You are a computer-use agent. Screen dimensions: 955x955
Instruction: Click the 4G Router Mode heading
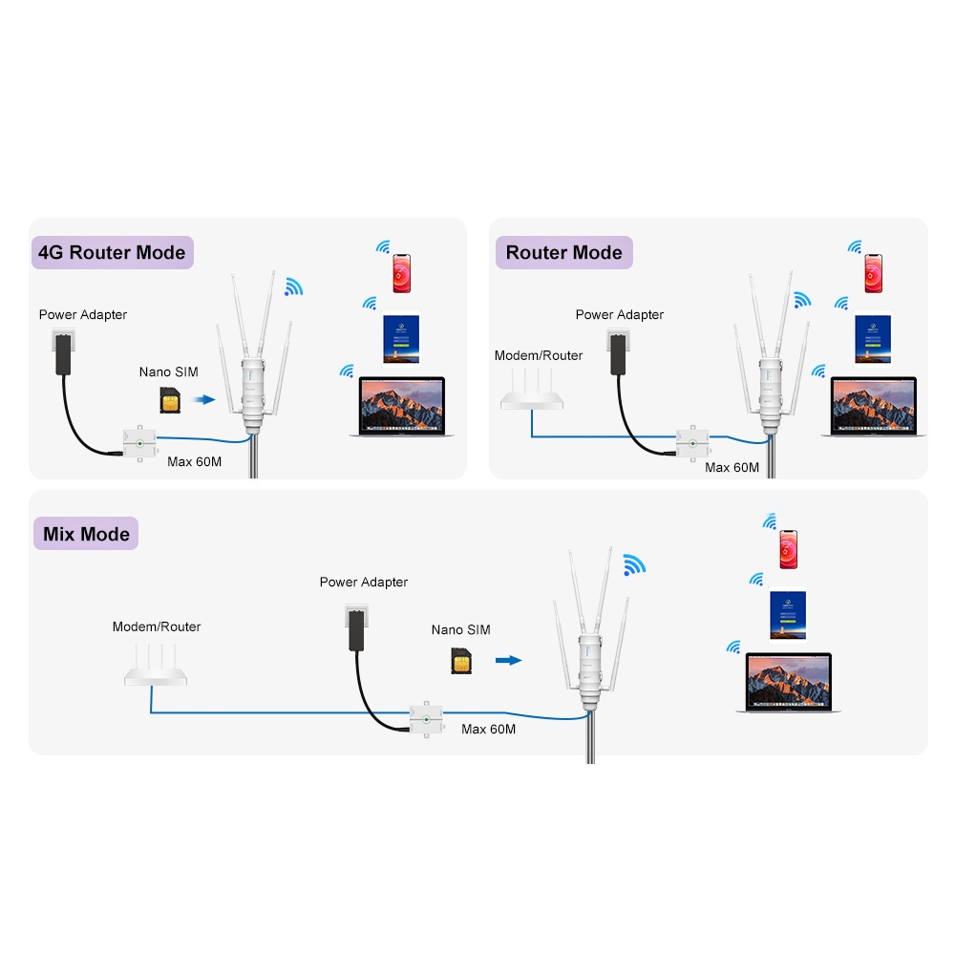(112, 253)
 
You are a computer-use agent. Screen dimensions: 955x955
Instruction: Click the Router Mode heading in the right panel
(563, 253)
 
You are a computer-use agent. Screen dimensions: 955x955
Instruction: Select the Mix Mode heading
(86, 534)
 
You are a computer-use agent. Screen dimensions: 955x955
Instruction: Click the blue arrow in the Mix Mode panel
(509, 659)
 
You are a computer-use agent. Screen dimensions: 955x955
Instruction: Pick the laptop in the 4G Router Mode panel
(402, 407)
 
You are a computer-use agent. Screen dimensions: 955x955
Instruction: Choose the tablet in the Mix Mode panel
(789, 616)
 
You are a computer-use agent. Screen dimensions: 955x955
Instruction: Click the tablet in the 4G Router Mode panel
(401, 339)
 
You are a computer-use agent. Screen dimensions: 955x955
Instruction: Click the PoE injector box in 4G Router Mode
(139, 443)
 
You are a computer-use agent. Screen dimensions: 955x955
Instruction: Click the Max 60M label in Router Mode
(732, 467)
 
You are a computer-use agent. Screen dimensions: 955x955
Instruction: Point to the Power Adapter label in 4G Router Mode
(83, 314)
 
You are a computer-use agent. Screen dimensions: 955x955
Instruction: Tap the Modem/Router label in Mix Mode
(157, 626)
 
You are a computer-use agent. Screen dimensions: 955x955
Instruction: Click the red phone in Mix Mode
(789, 549)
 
